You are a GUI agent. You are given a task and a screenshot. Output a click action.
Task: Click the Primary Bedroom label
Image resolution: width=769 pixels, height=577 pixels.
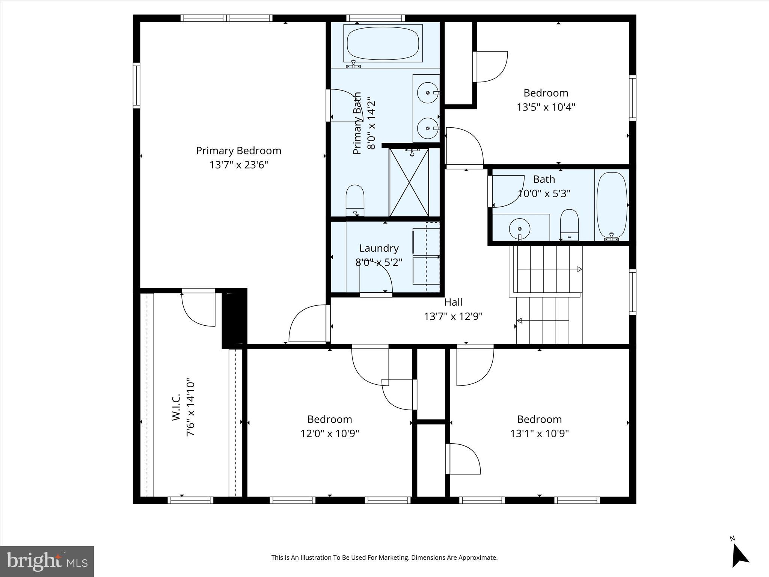point(238,151)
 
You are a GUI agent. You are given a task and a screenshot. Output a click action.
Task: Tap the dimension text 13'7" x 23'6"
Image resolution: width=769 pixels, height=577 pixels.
point(238,165)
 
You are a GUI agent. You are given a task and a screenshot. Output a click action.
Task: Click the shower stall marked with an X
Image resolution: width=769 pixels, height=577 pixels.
point(409,182)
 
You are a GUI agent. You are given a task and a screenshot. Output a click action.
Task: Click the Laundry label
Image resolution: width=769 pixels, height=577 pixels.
point(378,248)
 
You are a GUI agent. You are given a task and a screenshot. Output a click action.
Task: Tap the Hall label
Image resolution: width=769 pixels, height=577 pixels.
point(453,302)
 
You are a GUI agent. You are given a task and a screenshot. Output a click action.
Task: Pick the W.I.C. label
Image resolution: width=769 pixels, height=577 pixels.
point(176,407)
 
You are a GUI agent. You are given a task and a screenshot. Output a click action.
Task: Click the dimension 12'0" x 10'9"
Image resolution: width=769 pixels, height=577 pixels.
point(330,434)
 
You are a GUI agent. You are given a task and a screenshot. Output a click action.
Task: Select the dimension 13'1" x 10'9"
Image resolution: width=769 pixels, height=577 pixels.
point(539,434)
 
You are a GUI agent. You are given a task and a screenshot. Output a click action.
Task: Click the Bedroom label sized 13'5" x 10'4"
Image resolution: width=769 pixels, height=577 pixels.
point(546,93)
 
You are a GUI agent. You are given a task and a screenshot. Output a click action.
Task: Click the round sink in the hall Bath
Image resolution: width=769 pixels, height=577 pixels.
point(520,228)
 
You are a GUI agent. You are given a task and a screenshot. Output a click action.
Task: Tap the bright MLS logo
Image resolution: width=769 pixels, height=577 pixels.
point(47,562)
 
